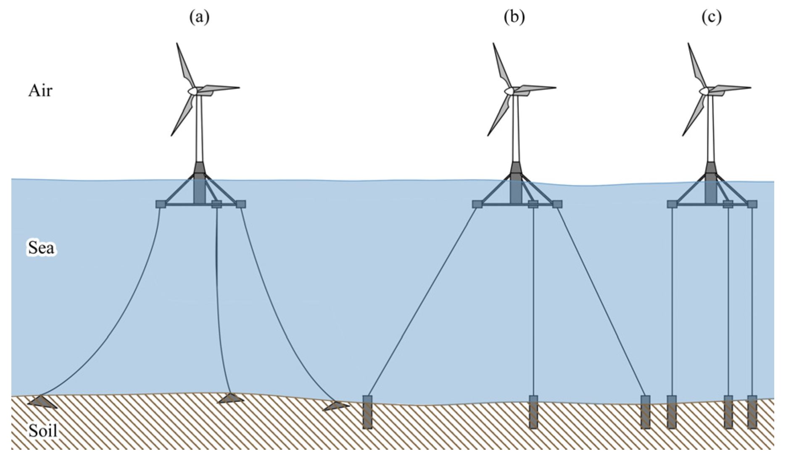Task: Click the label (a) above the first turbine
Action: click(x=199, y=17)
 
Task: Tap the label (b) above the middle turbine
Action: click(x=514, y=17)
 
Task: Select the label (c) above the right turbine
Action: click(x=712, y=17)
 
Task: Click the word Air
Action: click(x=40, y=91)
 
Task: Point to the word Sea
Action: click(x=41, y=248)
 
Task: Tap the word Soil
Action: click(x=43, y=431)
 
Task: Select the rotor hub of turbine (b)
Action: click(x=509, y=91)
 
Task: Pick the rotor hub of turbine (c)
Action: click(x=704, y=91)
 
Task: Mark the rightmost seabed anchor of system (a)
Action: click(x=336, y=406)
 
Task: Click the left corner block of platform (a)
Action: click(x=161, y=204)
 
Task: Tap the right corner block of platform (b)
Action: click(x=557, y=204)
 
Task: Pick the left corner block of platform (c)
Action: click(x=672, y=204)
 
